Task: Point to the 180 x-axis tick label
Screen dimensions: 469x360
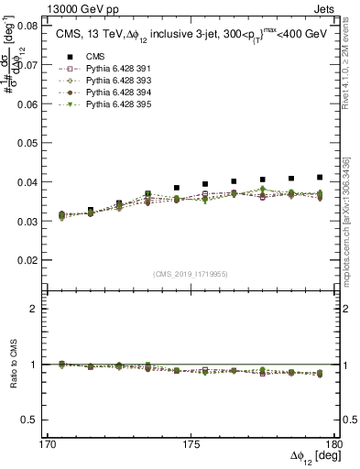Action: (x=336, y=443)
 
